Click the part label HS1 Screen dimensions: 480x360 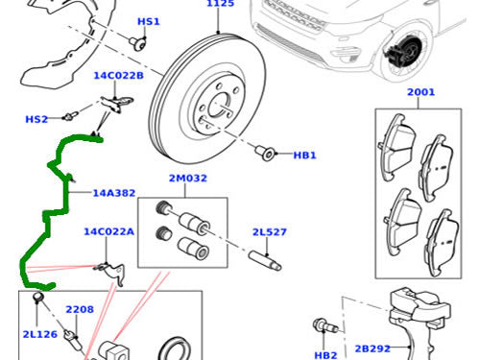[149, 22]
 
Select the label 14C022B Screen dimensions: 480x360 [118, 76]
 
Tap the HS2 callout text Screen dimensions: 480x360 [36, 119]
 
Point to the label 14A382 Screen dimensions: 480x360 [114, 193]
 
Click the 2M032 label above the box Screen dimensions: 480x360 [188, 178]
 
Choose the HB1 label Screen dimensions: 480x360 [304, 156]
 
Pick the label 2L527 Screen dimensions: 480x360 [270, 232]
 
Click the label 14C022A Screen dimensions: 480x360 [108, 231]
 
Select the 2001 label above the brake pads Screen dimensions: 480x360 [420, 92]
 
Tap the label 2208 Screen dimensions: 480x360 [80, 309]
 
